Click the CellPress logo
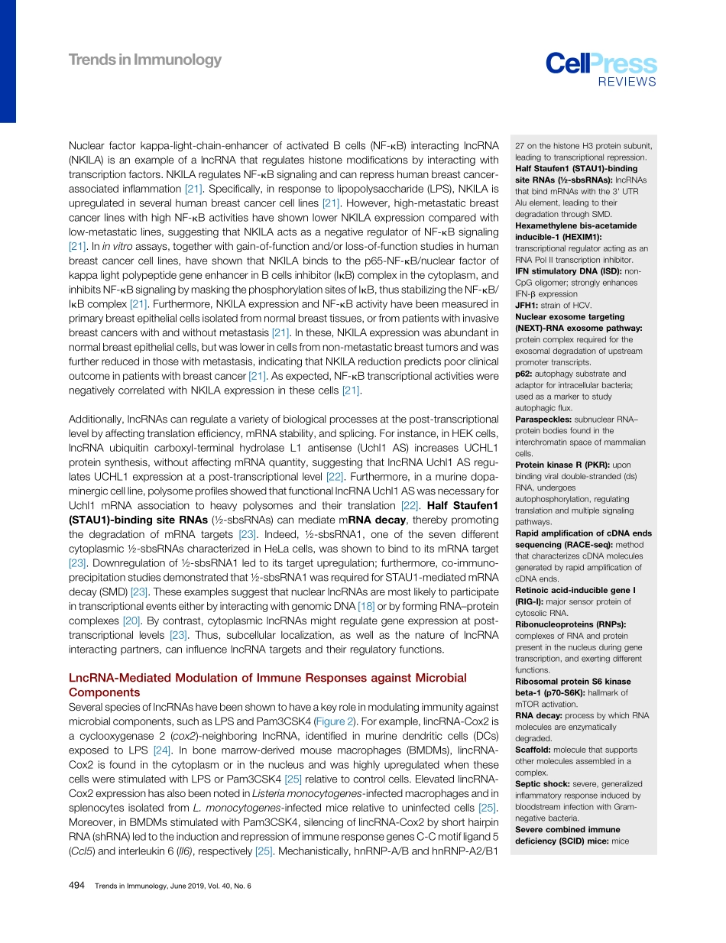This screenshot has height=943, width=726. pyautogui.click(x=601, y=63)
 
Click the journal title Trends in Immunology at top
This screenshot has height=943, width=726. pyautogui.click(x=144, y=60)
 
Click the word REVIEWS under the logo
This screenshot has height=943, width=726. pyautogui.click(x=627, y=83)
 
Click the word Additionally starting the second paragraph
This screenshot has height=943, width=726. pyautogui.click(x=99, y=419)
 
